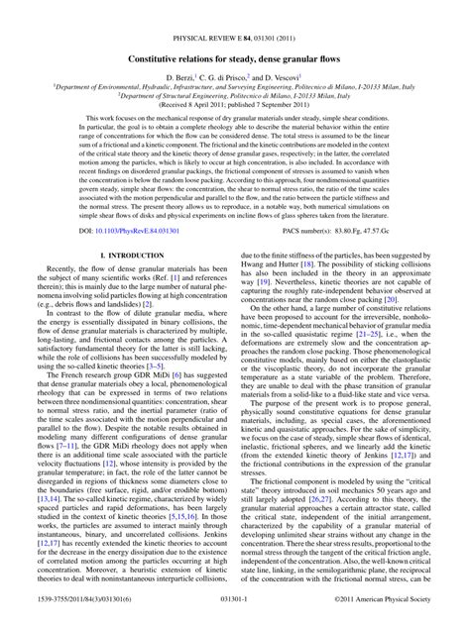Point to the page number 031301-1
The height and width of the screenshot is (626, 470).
pyautogui.click(x=235, y=615)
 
